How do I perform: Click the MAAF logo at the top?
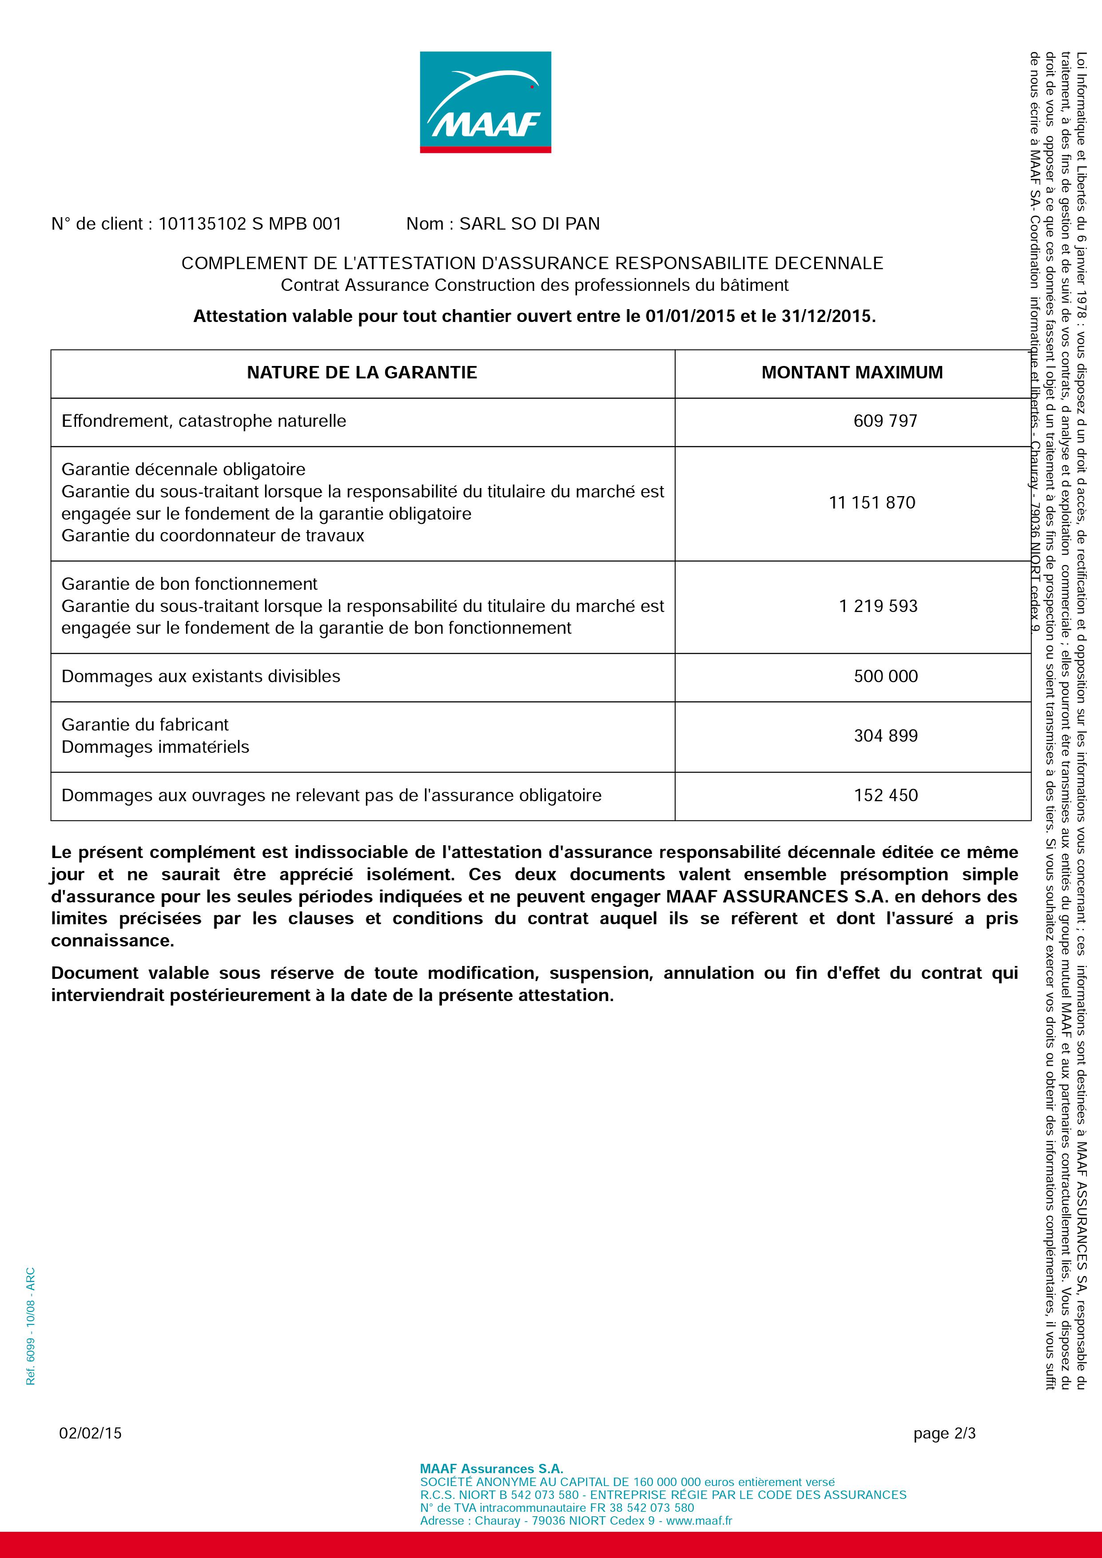485,102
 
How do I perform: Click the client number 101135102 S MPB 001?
250,224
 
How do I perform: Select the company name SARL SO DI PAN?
529,224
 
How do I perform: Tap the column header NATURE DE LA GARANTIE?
362,373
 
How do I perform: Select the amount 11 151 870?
872,503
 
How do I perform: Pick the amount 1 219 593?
878,606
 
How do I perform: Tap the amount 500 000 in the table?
886,676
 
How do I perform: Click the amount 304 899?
886,735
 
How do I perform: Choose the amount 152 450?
886,795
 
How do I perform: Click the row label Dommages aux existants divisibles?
201,676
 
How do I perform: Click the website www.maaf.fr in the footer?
699,1521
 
